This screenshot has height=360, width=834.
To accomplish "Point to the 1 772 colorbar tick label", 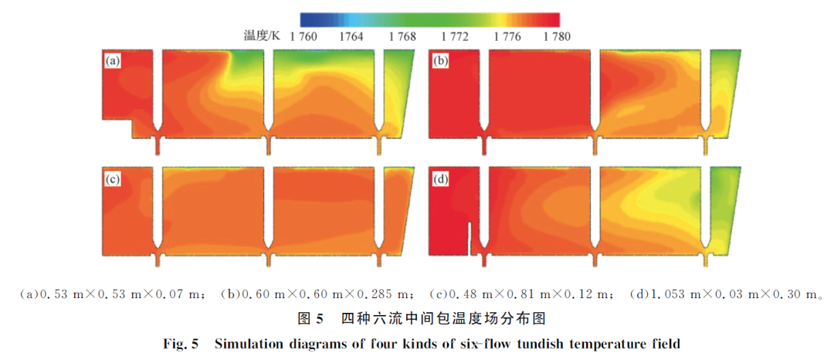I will tap(455, 36).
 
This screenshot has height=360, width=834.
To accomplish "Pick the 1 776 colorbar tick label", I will tap(506, 36).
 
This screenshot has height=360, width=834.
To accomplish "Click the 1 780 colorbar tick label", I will tap(557, 36).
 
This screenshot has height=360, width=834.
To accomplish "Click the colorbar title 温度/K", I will tap(262, 36).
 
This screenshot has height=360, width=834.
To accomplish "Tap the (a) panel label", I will tap(113, 61).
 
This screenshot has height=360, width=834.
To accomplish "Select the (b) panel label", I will tap(440, 61).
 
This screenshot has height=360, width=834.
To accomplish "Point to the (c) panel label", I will tap(113, 178).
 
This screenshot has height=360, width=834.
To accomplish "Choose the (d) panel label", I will tap(440, 178).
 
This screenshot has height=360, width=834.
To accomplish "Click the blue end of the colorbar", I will tap(305, 19).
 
